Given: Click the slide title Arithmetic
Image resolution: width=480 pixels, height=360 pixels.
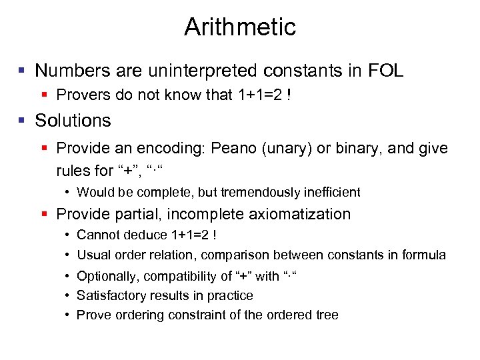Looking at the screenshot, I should point(239,27).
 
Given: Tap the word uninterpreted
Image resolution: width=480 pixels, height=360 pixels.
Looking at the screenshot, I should point(194,71).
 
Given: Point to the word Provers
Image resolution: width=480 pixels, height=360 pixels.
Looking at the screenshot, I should point(84,95).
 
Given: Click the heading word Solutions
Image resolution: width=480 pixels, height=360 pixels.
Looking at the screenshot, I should point(73,121).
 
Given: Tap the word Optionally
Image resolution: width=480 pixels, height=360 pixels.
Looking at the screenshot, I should point(105,276).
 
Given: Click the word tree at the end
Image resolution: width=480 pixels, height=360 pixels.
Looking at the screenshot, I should point(327,315).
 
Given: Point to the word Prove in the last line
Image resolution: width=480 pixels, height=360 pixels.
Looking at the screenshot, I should point(93,315).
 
